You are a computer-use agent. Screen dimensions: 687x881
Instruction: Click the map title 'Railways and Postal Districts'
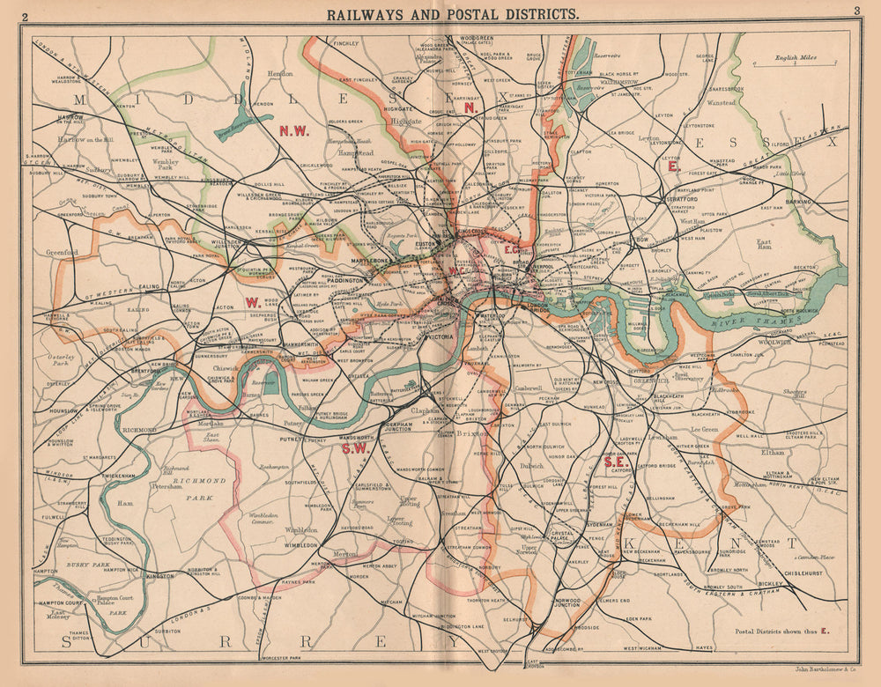click(453, 13)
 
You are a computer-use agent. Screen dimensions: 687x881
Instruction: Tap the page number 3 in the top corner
click(855, 11)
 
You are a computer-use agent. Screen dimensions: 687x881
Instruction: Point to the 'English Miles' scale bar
click(789, 63)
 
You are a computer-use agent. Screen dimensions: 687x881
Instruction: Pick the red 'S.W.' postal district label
click(353, 447)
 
